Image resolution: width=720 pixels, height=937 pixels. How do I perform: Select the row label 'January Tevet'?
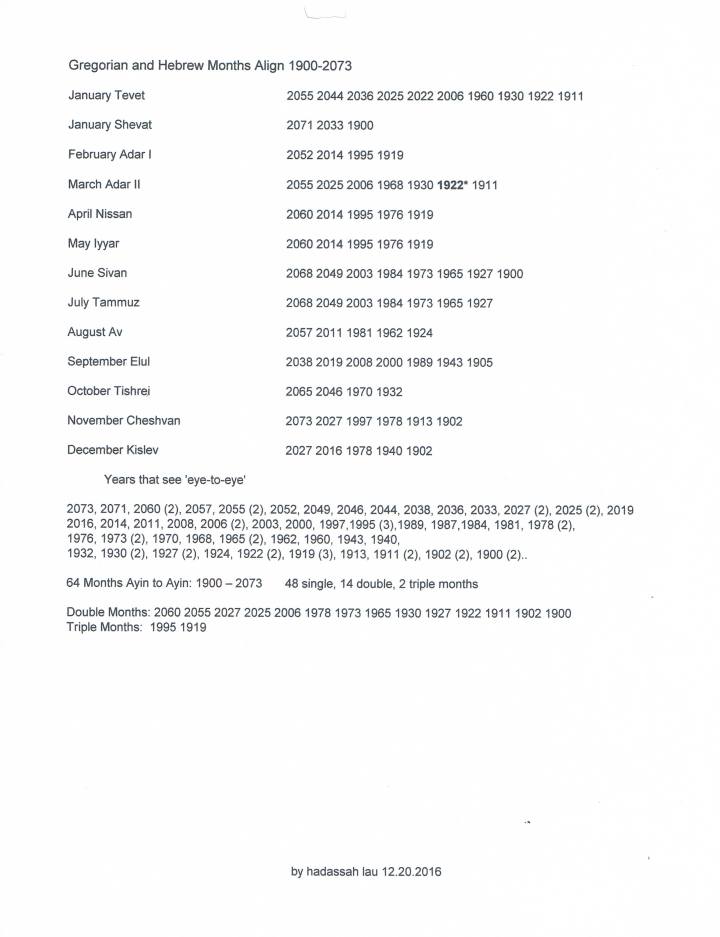pos(107,96)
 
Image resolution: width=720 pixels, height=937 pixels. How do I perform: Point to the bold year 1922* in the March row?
pos(454,185)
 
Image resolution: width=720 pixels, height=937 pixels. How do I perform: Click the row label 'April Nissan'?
pos(100,214)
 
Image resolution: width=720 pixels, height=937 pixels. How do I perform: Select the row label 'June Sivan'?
pos(97,273)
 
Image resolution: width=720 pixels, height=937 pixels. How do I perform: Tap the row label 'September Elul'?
pos(108,361)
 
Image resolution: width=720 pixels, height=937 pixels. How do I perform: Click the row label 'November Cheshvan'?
pos(124,420)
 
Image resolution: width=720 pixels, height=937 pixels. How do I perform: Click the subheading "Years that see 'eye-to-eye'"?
pos(175,479)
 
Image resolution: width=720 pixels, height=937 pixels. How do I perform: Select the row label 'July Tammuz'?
pos(104,302)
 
